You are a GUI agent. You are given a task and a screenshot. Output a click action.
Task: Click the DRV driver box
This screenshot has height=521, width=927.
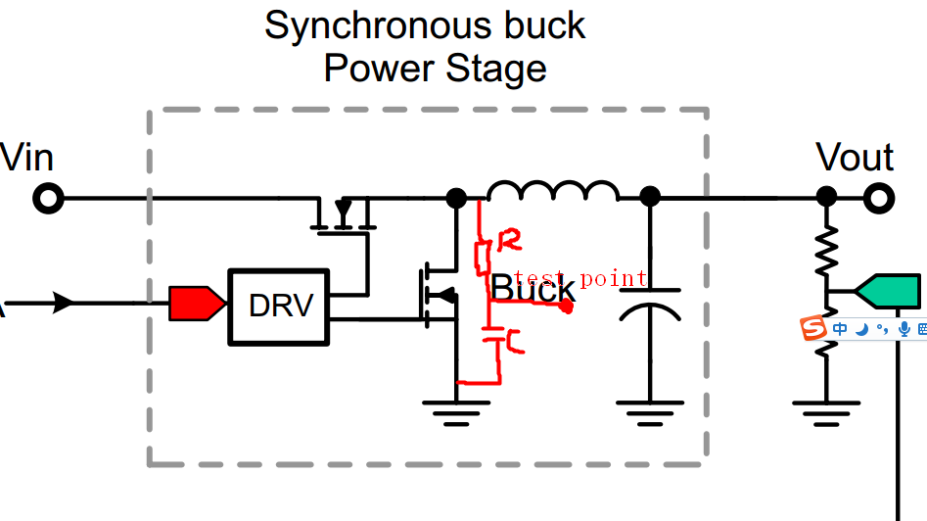[x=280, y=306]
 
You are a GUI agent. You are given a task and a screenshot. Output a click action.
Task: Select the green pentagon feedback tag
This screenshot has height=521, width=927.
[x=888, y=291]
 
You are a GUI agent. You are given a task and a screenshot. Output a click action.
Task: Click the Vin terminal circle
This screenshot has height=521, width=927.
[x=47, y=199]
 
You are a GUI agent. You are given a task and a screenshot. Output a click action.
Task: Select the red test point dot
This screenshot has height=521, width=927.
[x=566, y=307]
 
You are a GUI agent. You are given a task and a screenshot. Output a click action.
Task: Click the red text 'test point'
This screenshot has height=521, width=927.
[x=580, y=279]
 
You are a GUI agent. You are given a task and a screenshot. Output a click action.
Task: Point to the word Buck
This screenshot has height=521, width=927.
[x=532, y=290]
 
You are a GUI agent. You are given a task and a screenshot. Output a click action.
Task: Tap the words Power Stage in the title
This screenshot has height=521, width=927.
[x=435, y=70]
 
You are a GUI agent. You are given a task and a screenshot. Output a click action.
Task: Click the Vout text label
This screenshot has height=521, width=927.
[x=855, y=158]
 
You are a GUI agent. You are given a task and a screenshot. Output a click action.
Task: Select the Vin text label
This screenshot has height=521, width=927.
[x=26, y=157]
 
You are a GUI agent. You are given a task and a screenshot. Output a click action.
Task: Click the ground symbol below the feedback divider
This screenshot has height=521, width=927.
[x=827, y=409]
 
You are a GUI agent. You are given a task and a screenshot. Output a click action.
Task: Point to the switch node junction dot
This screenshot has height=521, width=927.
[x=456, y=198]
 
